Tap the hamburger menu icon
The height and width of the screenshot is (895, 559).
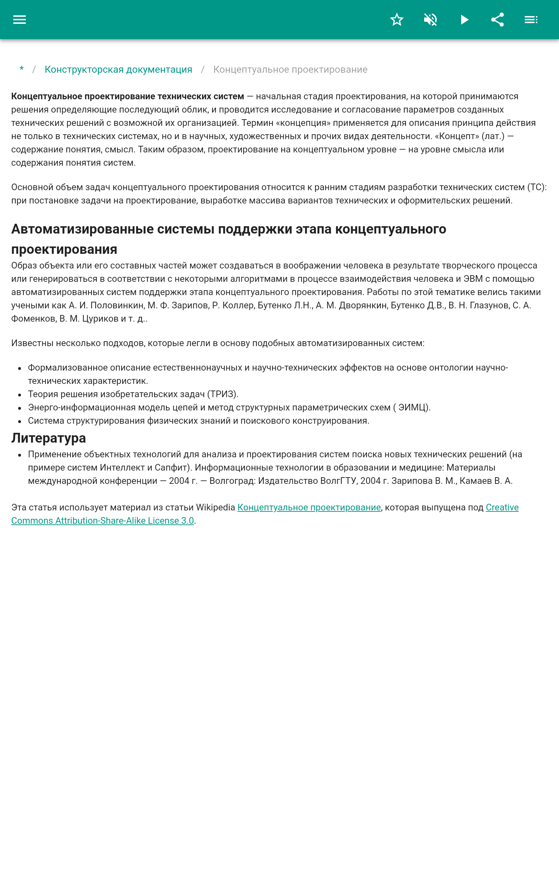click(20, 20)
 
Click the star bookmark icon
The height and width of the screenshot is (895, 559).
click(397, 20)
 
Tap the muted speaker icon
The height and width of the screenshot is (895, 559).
click(430, 20)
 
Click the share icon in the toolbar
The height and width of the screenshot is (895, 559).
click(498, 20)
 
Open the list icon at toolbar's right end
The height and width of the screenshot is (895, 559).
click(531, 20)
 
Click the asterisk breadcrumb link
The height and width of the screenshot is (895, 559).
click(22, 70)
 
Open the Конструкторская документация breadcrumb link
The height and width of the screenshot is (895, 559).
click(118, 70)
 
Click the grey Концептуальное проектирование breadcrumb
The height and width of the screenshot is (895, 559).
click(290, 70)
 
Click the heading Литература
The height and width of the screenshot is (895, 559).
click(49, 438)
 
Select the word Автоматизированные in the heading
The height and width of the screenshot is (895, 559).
click(82, 229)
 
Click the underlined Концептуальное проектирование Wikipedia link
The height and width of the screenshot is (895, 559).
click(309, 507)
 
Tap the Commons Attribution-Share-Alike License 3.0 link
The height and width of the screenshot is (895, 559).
click(102, 521)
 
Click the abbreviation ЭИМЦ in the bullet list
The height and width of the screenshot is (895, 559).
click(412, 408)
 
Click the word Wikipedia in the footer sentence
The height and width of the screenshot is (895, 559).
click(216, 507)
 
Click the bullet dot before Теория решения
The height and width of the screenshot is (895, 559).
click(20, 395)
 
